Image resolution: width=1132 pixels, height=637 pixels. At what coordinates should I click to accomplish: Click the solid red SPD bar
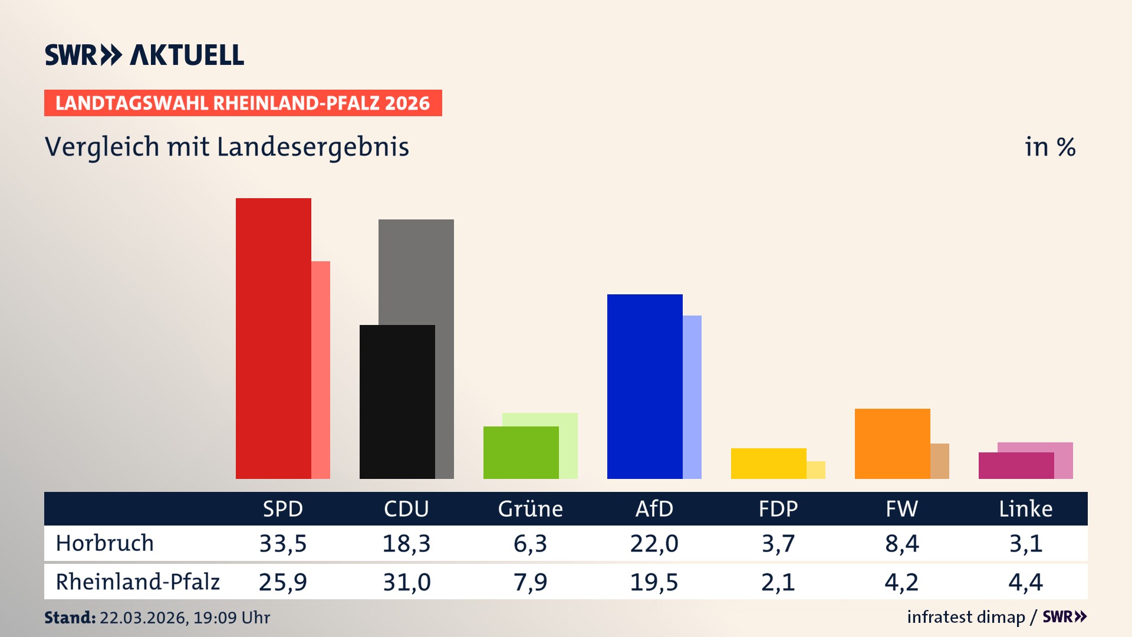[x=273, y=338]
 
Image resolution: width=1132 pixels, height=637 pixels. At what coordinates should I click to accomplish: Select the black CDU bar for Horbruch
[x=397, y=402]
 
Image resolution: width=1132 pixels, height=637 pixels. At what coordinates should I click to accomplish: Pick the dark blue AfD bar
[x=644, y=386]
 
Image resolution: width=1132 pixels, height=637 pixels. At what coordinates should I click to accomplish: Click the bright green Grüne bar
[x=521, y=452]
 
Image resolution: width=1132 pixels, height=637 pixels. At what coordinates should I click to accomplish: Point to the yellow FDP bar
[x=768, y=464]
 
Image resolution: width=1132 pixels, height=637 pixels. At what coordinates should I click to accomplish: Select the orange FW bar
[x=892, y=444]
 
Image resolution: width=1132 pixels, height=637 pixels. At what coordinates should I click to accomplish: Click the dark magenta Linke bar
[x=1016, y=465]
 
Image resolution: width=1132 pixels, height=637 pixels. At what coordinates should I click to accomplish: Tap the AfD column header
[x=654, y=508]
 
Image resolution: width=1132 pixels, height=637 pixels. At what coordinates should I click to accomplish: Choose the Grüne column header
[x=530, y=508]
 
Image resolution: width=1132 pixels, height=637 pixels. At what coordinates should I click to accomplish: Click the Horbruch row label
[x=105, y=543]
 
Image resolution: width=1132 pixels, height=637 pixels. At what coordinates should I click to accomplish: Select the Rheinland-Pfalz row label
[x=137, y=582]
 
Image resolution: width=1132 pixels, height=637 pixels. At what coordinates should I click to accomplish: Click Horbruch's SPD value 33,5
[x=283, y=543]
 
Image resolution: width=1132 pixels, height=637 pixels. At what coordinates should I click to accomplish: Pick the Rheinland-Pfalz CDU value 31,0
[x=407, y=582]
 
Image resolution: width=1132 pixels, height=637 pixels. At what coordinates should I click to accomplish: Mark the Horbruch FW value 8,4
[x=901, y=543]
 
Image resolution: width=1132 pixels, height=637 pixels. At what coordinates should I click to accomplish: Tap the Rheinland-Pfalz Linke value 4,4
[x=1025, y=582]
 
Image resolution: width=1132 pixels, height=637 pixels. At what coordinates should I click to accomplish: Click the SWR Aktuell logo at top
[x=144, y=55]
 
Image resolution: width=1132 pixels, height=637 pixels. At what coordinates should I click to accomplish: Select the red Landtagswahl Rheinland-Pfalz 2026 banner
[x=243, y=103]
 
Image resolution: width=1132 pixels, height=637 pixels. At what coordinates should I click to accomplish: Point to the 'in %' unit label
[x=1049, y=147]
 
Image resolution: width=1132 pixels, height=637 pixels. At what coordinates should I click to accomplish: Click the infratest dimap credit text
[x=966, y=617]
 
